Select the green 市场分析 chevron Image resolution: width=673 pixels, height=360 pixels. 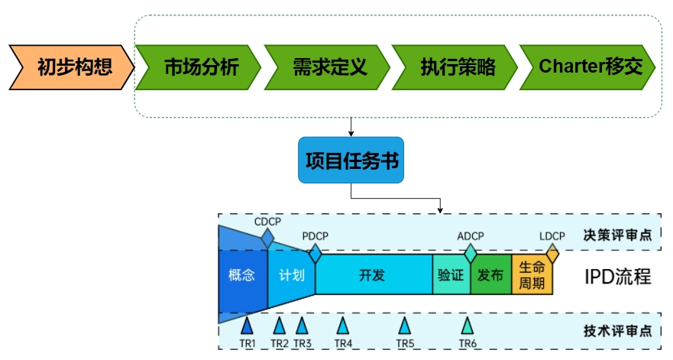(x=199, y=67)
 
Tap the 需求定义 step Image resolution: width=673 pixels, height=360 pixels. (x=328, y=67)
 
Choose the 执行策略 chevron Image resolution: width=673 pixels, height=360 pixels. (x=455, y=67)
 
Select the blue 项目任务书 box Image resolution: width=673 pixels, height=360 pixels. (x=351, y=161)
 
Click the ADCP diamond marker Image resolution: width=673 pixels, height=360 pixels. (x=471, y=251)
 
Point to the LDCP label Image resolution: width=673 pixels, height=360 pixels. (x=552, y=235)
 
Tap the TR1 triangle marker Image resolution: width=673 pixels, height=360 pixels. (x=247, y=326)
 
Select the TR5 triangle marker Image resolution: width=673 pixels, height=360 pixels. (x=405, y=326)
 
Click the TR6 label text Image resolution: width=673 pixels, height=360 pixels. (x=468, y=344)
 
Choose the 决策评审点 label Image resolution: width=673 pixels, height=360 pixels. (x=617, y=235)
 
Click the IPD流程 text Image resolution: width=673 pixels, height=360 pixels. (x=617, y=275)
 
